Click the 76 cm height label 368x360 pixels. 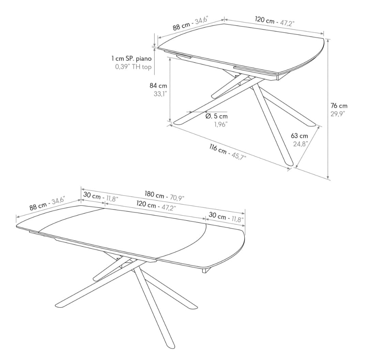(x=339, y=106)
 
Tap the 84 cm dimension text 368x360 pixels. (x=158, y=85)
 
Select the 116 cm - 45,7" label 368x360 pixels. (x=228, y=152)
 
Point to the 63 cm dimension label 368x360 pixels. (x=299, y=136)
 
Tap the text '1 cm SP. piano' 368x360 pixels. (x=132, y=58)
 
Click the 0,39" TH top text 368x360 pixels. (x=133, y=67)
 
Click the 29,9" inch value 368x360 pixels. (x=338, y=114)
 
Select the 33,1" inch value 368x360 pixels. (x=160, y=94)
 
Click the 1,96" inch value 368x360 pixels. (x=220, y=124)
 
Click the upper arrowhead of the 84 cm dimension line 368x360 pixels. (x=170, y=59)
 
